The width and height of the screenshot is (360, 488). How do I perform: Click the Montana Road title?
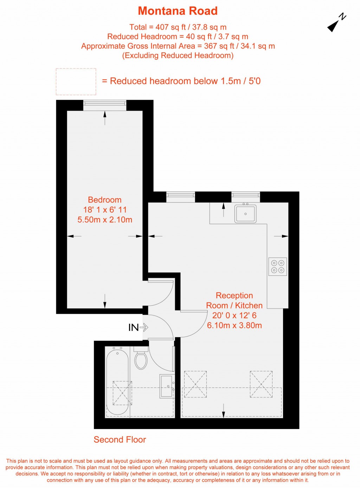tap(178, 11)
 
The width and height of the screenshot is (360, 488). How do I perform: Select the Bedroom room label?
tap(105, 200)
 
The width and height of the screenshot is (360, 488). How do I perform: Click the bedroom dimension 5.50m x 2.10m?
tap(105, 219)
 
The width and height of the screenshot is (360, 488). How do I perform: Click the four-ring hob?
tap(278, 266)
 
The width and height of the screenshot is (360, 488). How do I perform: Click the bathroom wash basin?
tap(167, 386)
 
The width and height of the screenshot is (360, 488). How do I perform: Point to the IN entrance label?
tap(134, 327)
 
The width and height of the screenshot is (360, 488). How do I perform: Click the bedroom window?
tap(105, 105)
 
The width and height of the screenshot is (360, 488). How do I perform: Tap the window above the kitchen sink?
tap(246, 197)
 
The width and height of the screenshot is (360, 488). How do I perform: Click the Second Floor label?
tap(120, 440)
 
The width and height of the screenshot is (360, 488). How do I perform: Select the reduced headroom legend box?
tap(76, 82)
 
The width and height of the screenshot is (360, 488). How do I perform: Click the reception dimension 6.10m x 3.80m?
tap(234, 325)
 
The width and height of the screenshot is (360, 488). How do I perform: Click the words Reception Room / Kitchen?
tap(234, 300)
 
